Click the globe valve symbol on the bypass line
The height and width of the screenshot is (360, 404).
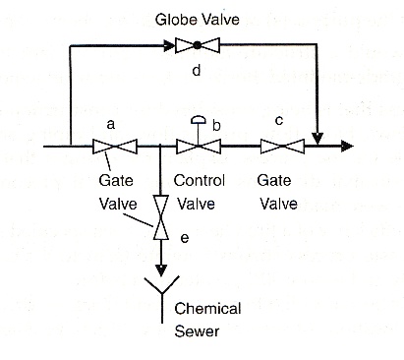click(x=197, y=44)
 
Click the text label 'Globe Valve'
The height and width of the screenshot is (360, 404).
click(x=198, y=19)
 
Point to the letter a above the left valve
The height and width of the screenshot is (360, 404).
click(x=111, y=125)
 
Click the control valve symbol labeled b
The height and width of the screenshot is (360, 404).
click(x=197, y=148)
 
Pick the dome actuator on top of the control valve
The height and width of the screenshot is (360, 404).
click(x=197, y=122)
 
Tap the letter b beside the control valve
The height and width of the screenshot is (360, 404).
click(x=216, y=126)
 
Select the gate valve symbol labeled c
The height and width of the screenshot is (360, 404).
click(x=280, y=148)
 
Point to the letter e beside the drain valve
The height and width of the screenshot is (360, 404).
click(x=184, y=237)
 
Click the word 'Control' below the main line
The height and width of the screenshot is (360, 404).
click(x=200, y=182)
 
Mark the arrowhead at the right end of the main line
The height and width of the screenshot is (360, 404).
click(x=345, y=148)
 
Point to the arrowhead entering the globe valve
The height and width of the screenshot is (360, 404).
click(x=167, y=44)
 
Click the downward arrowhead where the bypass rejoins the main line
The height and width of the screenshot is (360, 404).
click(x=317, y=137)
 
